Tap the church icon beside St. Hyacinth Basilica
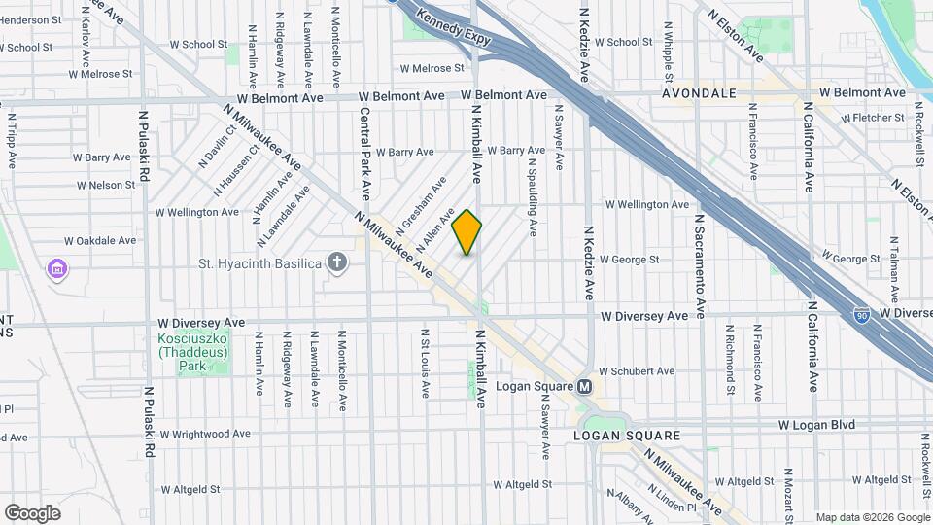click(x=337, y=262)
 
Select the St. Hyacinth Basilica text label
click(x=260, y=263)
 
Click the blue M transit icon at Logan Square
click(x=585, y=386)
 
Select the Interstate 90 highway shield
click(x=861, y=314)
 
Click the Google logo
click(x=32, y=512)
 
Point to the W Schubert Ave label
click(x=636, y=371)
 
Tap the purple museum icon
click(x=56, y=267)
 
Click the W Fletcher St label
click(x=873, y=118)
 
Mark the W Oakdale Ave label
click(x=100, y=240)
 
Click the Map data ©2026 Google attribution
click(x=871, y=517)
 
